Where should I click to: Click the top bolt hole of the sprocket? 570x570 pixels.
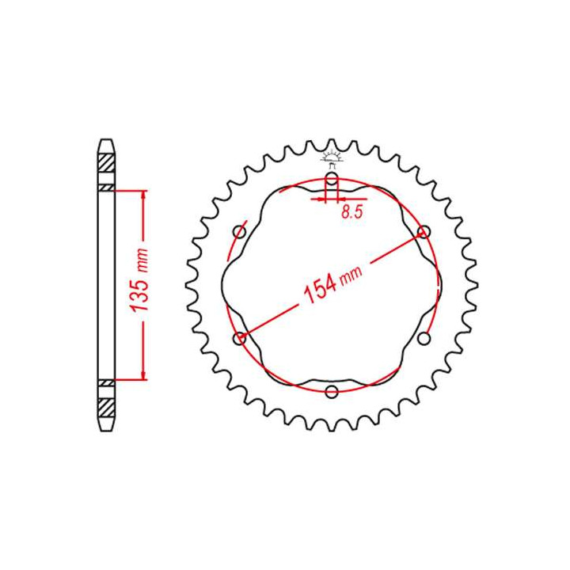(332, 179)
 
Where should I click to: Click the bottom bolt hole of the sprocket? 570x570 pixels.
(332, 392)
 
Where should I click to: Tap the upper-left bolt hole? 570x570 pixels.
(239, 232)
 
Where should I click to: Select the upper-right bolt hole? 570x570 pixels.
(424, 231)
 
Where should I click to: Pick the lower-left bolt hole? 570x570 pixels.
(239, 339)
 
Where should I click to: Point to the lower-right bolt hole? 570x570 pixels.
(424, 339)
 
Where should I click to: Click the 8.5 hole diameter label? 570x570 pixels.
(351, 212)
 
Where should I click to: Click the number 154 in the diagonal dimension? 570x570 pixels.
(320, 288)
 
